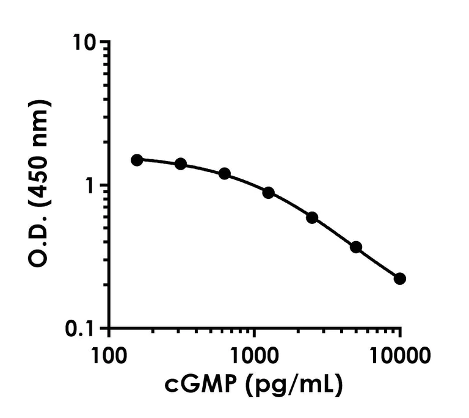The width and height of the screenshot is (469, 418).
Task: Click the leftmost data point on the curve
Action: click(x=137, y=160)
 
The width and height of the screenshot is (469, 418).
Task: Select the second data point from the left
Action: click(x=181, y=164)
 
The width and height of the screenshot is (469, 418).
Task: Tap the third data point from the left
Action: click(x=225, y=173)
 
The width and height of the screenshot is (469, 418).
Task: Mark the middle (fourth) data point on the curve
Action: click(x=268, y=193)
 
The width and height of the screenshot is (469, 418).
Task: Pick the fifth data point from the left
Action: click(x=312, y=217)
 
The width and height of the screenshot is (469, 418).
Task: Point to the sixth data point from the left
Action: click(x=356, y=247)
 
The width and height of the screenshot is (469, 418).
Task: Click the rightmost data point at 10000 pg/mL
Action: click(x=400, y=279)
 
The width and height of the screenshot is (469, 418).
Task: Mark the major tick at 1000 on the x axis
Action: click(x=254, y=334)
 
